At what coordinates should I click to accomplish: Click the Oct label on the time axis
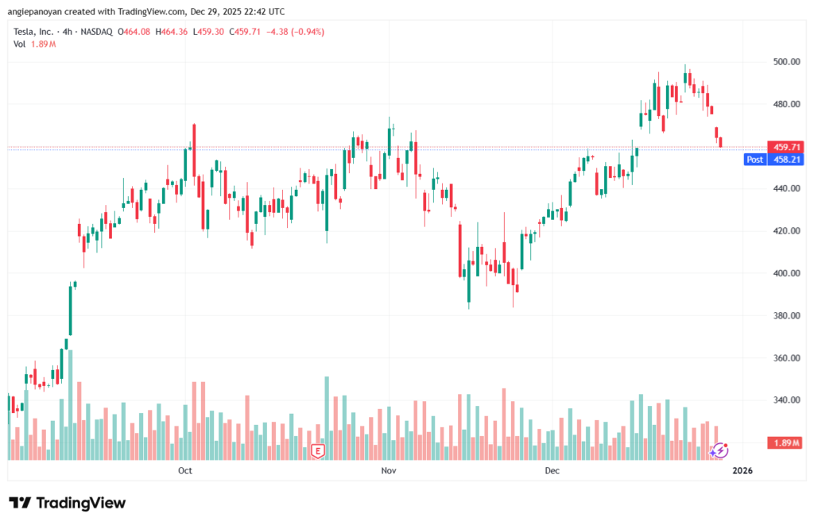pos(185,471)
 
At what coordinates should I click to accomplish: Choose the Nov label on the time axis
pos(388,471)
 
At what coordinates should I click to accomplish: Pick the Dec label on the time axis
pos(552,471)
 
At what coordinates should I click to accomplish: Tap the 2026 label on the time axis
pos(742,471)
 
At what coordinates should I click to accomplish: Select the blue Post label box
pos(754,160)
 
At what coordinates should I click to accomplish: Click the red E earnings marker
pos(318,451)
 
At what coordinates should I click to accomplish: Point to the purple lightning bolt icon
pos(719,450)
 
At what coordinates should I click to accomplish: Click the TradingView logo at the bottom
pos(68,504)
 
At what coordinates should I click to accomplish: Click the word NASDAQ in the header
pos(97,32)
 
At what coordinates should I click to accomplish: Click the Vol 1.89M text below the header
pos(34,44)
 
